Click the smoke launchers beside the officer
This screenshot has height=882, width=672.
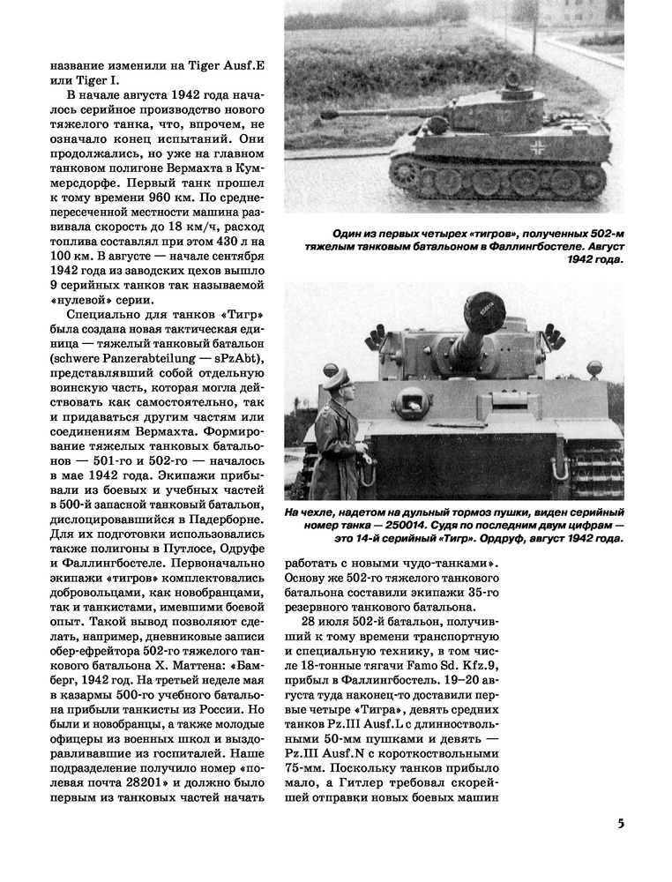pyautogui.click(x=377, y=337)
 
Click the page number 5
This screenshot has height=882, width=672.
pyautogui.click(x=621, y=824)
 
